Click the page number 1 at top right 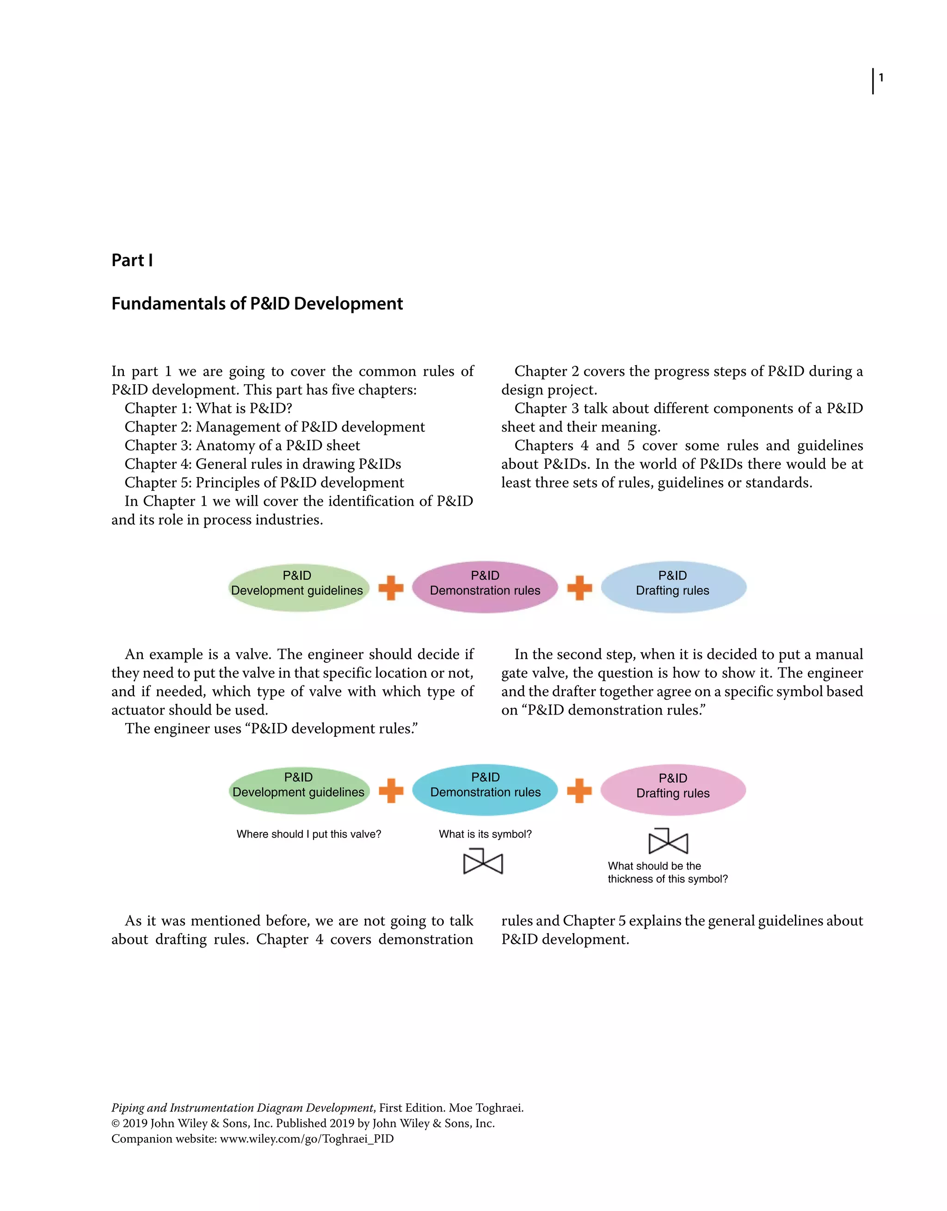click(x=881, y=78)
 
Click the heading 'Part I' click(x=132, y=260)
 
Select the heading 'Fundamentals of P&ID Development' click(x=257, y=304)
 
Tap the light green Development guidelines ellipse click(x=298, y=588)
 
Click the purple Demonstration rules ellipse click(x=485, y=587)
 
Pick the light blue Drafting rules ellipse click(x=673, y=587)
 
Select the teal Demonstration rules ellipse click(x=485, y=790)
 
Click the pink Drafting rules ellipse click(x=673, y=790)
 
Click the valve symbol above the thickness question click(x=668, y=842)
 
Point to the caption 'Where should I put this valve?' click(x=308, y=834)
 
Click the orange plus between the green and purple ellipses click(x=391, y=588)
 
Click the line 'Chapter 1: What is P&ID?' click(x=208, y=409)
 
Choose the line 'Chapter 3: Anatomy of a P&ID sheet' click(x=242, y=446)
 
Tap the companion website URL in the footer click(x=307, y=1139)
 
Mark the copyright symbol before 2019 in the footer click(x=116, y=1123)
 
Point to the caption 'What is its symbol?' click(x=485, y=834)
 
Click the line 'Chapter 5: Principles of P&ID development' click(x=264, y=483)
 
